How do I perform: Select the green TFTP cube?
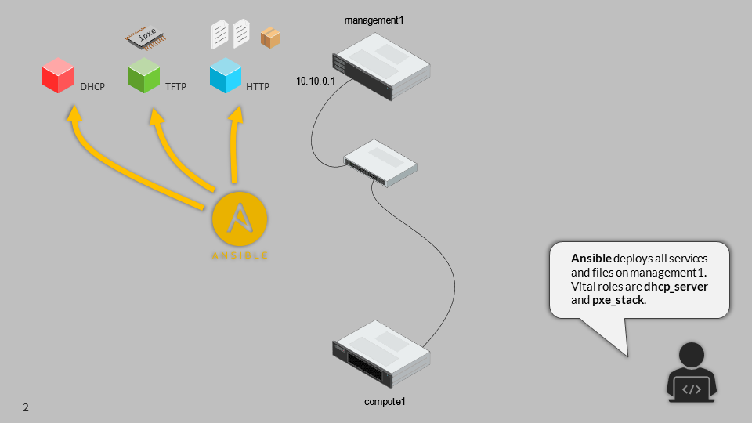(144, 77)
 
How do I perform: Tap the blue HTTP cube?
(226, 77)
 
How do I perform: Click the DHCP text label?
(92, 87)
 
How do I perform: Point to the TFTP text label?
(176, 87)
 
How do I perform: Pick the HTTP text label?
(258, 87)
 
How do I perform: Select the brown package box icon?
(270, 38)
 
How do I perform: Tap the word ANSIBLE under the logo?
(240, 255)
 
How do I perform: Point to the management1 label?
(376, 19)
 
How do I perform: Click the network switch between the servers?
(381, 162)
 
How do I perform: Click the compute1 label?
(385, 402)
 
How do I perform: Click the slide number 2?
(26, 407)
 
